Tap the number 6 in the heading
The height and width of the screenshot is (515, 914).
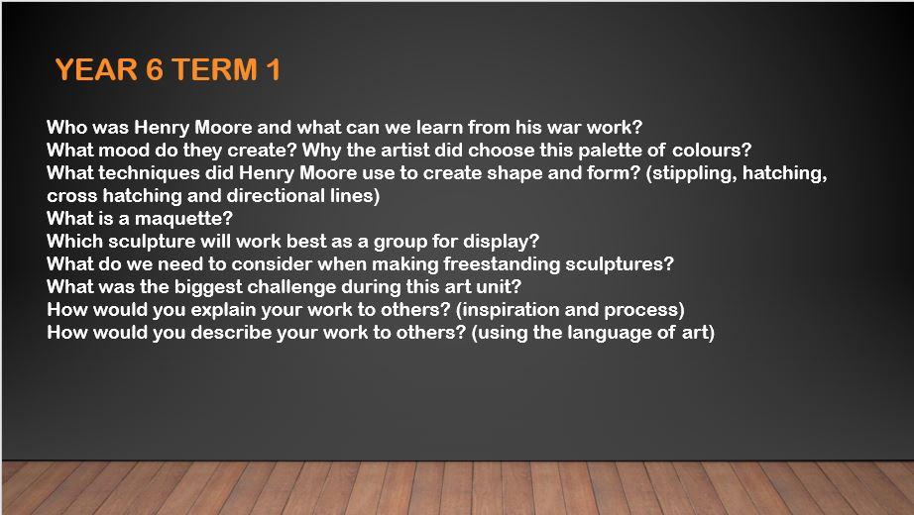click(x=155, y=69)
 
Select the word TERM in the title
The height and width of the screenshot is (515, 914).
click(x=214, y=69)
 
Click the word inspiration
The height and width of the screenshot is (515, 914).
click(x=511, y=309)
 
